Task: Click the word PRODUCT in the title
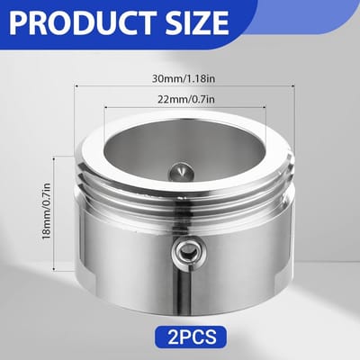pyautogui.click(x=82, y=22)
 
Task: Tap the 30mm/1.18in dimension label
pyautogui.click(x=184, y=79)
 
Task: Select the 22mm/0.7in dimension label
pyautogui.click(x=186, y=99)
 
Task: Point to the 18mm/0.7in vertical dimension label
pyautogui.click(x=47, y=211)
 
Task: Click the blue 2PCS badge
pyautogui.click(x=191, y=337)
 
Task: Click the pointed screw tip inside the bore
pyautogui.click(x=181, y=172)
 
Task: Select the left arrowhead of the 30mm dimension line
pyautogui.click(x=76, y=85)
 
